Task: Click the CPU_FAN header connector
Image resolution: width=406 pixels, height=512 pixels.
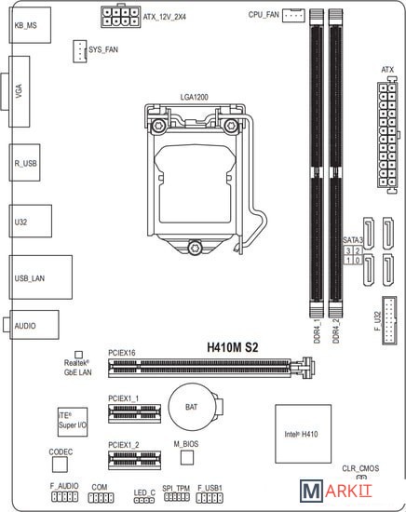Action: (x=293, y=15)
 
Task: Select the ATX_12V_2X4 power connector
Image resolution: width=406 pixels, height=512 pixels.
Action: (x=120, y=17)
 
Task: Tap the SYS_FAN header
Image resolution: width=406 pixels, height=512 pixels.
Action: (x=79, y=51)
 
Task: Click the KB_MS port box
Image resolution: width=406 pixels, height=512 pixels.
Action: (x=30, y=25)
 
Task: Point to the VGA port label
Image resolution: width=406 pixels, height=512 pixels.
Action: (x=19, y=91)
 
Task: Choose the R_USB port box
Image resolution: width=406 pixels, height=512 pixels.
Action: (x=24, y=163)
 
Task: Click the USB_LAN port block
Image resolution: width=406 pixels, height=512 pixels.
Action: (x=40, y=277)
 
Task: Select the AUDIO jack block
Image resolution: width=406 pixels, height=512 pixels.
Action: (x=34, y=325)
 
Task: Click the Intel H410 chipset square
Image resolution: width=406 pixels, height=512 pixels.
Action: (x=304, y=434)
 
